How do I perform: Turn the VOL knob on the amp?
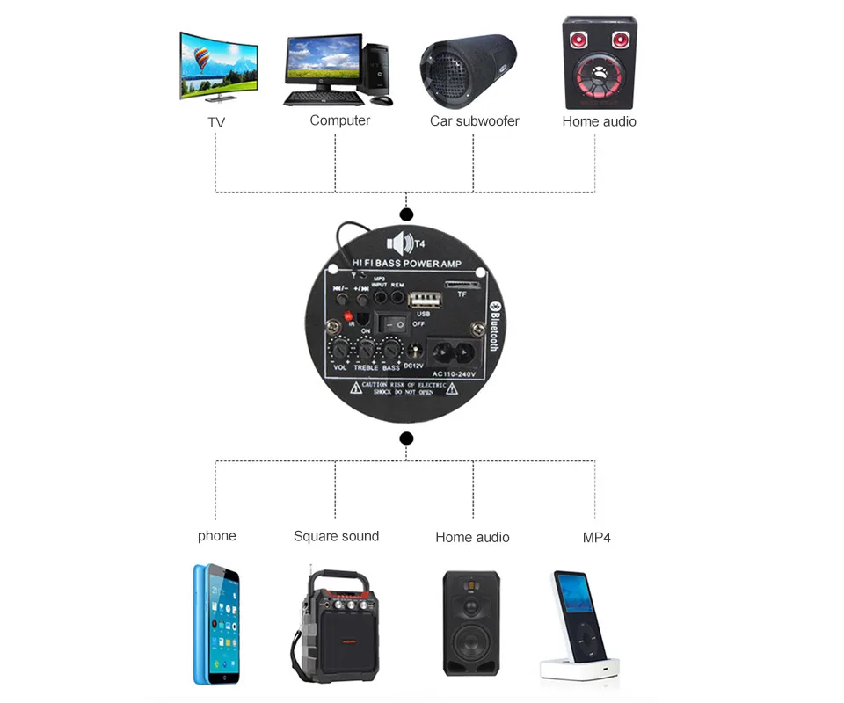(340, 350)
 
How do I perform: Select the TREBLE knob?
(365, 350)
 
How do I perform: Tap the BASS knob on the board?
(389, 350)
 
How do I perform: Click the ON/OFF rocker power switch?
(394, 324)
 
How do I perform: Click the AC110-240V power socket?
(454, 351)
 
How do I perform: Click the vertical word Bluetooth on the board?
(493, 325)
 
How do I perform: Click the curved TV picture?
(218, 67)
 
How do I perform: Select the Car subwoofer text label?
(474, 121)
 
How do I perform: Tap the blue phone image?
(216, 624)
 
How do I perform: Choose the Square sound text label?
(336, 536)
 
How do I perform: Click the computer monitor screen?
(322, 62)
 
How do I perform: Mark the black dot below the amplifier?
(406, 438)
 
